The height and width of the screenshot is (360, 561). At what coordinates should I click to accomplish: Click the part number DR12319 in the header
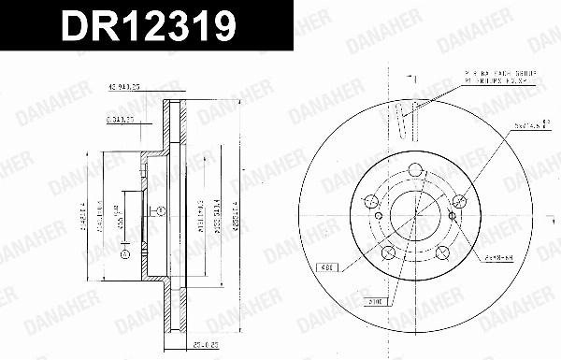147,27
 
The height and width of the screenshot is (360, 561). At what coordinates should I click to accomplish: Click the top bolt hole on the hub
414,170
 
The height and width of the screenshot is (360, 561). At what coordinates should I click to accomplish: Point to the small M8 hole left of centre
376,230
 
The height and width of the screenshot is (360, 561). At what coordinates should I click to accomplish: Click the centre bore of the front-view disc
414,216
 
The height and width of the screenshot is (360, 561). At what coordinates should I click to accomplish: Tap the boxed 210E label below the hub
375,302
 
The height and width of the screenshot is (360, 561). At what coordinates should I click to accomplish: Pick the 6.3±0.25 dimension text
121,120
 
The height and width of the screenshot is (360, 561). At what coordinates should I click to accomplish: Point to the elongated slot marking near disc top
403,120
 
